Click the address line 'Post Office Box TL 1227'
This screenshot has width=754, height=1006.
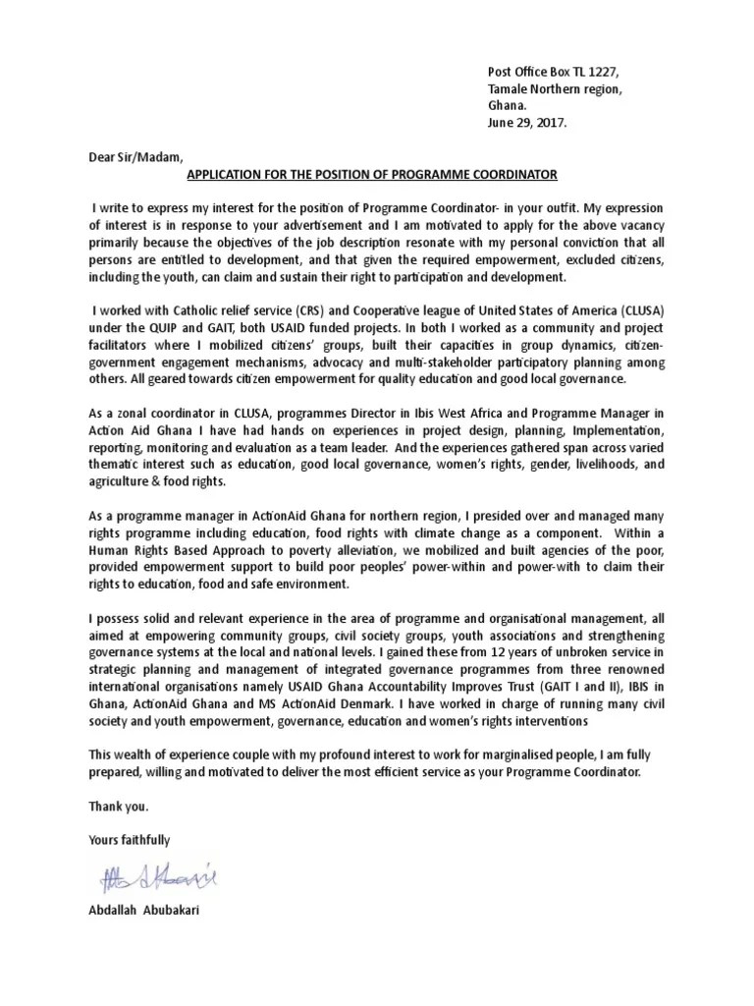point(554,73)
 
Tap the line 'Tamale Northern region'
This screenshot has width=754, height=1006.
point(555,89)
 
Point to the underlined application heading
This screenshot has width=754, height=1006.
point(371,174)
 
